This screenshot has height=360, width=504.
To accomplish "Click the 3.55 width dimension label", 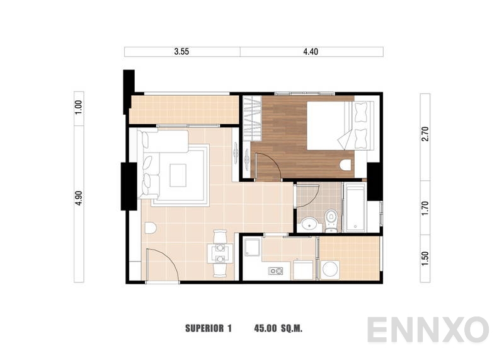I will coord(182,52).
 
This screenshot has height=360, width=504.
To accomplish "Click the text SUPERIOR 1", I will coord(209,328).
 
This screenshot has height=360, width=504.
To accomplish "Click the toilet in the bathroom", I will coord(331,220).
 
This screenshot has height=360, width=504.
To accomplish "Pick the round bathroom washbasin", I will coord(309,223).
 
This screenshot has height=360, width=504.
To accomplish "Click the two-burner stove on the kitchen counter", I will coord(276,271).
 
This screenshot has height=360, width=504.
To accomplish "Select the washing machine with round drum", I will coord(330,270).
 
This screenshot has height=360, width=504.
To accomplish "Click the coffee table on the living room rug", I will coord(178,173).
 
